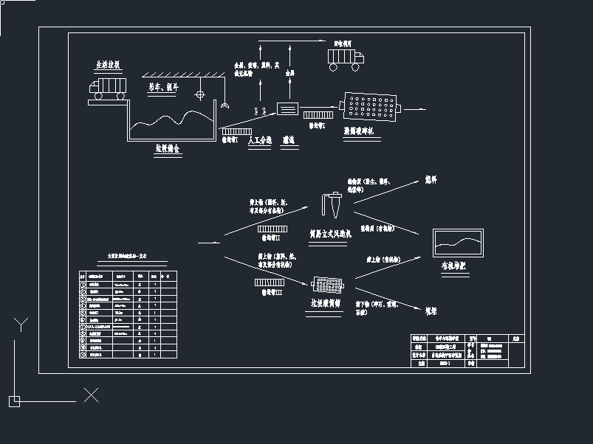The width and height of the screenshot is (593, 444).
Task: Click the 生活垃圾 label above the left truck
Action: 108,65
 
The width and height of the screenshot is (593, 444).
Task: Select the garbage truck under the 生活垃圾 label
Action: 108,88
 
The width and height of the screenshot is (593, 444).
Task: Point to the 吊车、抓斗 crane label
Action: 162,87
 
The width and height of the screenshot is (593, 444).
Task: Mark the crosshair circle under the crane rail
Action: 199,94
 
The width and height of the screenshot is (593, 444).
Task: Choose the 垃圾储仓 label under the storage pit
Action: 167,148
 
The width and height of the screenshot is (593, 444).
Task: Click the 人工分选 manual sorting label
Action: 260,139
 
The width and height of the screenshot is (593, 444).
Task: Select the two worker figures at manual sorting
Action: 260,112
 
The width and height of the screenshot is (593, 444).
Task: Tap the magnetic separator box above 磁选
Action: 288,108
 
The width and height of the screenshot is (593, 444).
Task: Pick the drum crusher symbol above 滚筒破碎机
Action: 371,108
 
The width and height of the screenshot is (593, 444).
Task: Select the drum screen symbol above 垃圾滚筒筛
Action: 329,285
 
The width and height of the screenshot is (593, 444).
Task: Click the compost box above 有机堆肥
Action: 458,243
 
